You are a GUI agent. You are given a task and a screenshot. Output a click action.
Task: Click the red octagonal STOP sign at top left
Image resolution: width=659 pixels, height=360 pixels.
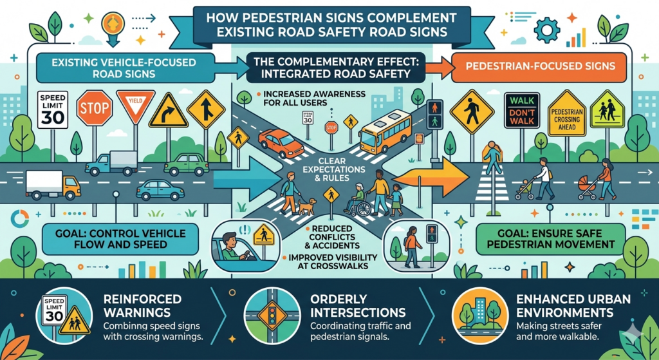tap(95, 108)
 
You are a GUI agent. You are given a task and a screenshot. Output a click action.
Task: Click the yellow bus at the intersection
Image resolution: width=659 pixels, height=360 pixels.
tap(385, 131)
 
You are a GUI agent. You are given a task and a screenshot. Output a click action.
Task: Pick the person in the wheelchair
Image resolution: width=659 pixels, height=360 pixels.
tap(357, 200)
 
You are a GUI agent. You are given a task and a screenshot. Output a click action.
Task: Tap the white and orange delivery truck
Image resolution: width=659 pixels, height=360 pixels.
tap(53, 185)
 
